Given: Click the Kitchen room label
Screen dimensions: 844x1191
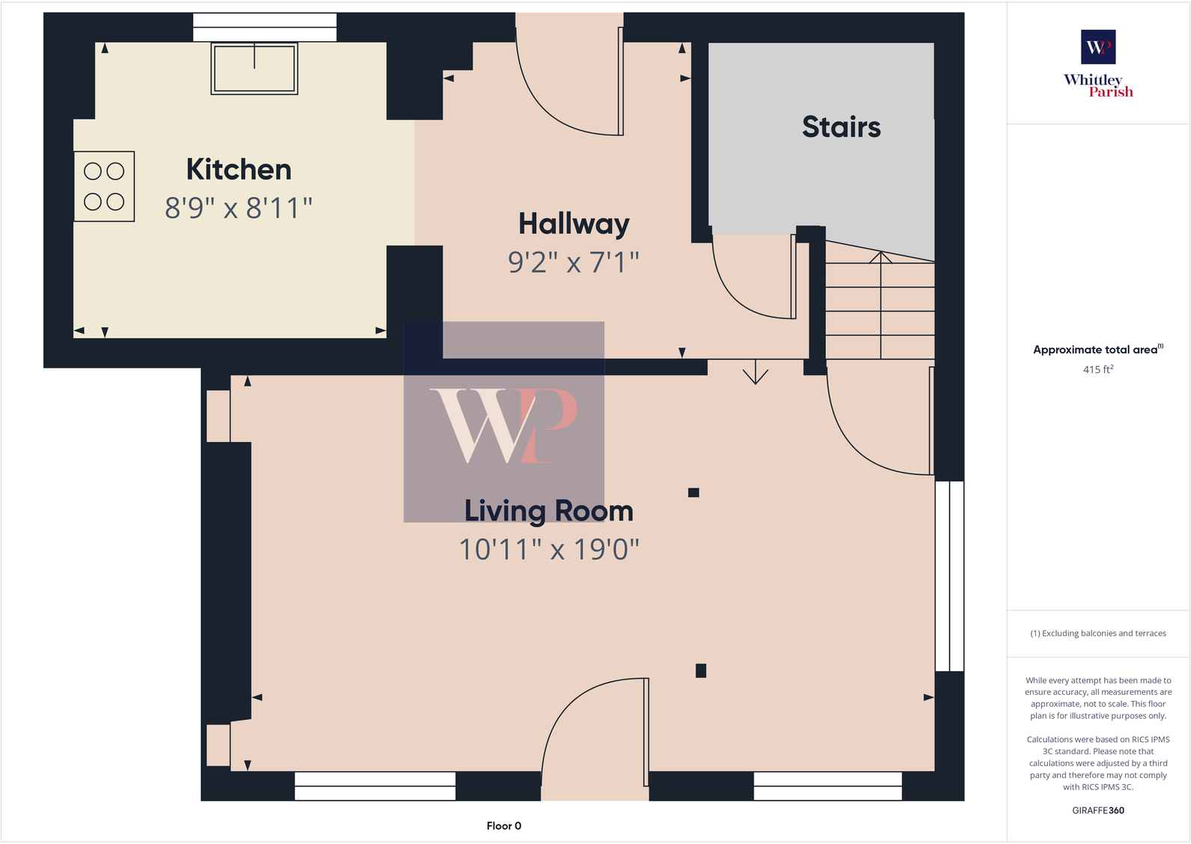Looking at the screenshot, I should point(238,170).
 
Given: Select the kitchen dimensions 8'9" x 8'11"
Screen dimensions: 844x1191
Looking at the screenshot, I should point(238,208).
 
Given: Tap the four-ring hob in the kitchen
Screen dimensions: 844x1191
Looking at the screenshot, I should point(104,186).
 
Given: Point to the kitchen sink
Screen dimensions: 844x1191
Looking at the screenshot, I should point(255,68).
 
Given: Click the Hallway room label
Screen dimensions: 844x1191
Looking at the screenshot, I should point(574,224).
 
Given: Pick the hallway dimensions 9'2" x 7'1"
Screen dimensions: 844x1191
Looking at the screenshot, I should point(574,262).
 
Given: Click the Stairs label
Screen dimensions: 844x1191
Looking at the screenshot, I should point(841,127).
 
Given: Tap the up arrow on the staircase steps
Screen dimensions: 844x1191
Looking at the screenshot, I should point(880,258).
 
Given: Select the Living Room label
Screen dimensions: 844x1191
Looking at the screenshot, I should point(548,511).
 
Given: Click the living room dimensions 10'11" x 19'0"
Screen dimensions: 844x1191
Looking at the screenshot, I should point(548,550).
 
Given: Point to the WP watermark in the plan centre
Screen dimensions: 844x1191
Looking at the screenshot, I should point(504,422).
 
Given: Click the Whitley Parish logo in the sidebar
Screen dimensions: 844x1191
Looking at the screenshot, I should point(1098,64).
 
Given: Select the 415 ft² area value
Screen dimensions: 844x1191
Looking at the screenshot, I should point(1098,369).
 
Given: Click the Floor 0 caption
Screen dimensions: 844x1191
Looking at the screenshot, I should point(503,826).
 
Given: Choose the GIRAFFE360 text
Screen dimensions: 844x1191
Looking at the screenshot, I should point(1098,810).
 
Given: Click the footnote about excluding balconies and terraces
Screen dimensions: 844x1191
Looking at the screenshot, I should point(1098,634).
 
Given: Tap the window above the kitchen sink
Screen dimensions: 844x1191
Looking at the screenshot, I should point(264,28).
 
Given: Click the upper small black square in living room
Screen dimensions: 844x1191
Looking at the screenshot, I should point(694,493).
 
